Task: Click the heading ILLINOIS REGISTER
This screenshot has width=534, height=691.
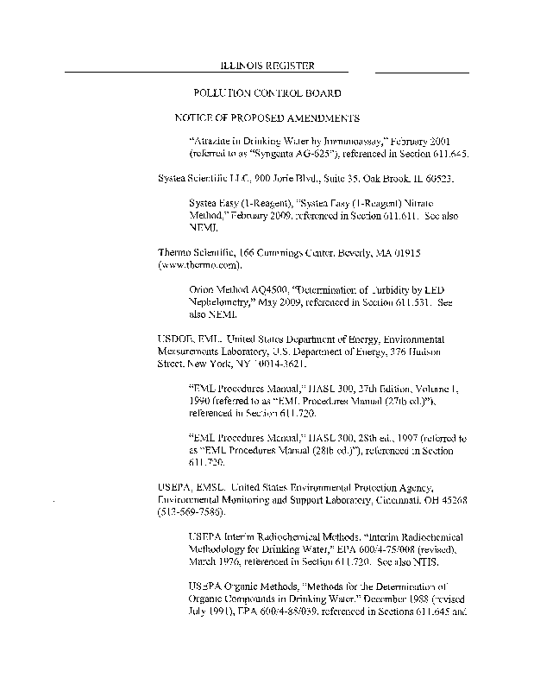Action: point(267,66)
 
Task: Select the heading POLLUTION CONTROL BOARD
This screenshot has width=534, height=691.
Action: point(267,92)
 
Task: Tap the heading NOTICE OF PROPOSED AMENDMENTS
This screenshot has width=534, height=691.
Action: point(267,117)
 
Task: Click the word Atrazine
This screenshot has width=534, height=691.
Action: point(211,140)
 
